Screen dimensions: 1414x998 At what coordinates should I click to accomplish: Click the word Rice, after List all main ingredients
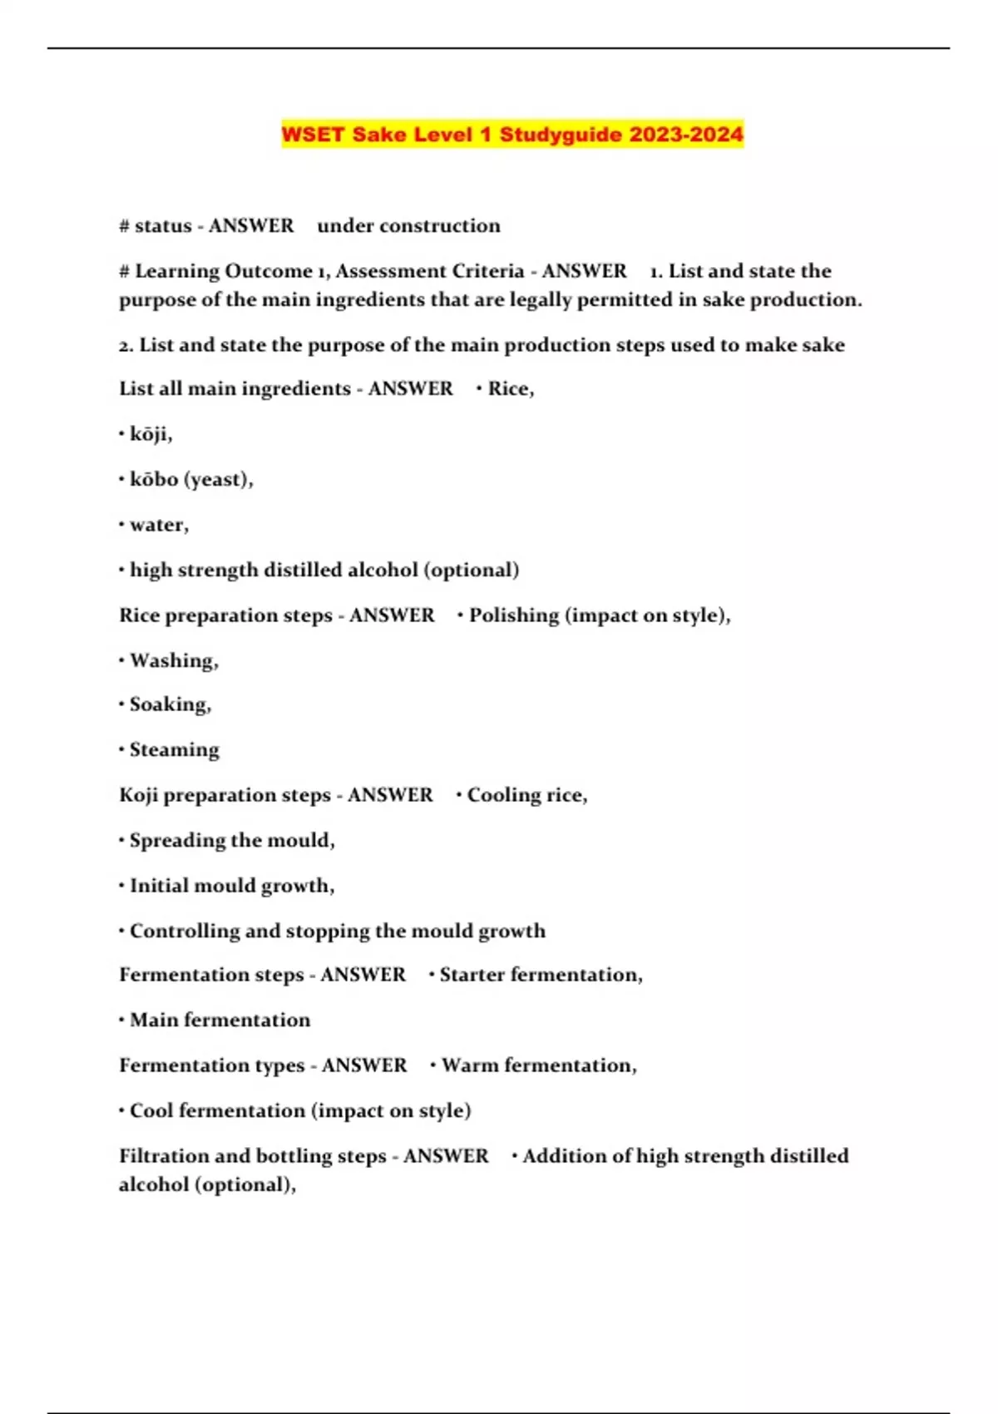(x=511, y=388)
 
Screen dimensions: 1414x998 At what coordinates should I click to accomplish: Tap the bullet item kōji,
(x=151, y=434)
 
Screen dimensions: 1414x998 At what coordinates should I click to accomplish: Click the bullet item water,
(x=159, y=525)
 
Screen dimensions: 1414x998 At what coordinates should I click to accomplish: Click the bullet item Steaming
(x=174, y=750)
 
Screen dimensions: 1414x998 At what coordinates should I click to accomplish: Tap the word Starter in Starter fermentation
(x=472, y=975)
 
